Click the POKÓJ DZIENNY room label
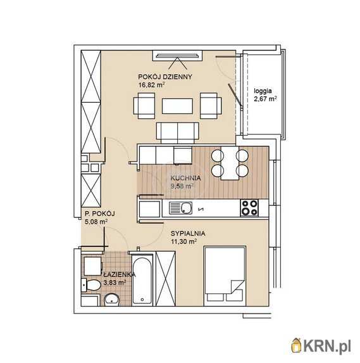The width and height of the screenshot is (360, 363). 165,77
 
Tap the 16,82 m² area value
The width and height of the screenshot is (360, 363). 151,84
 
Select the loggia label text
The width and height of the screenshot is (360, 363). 263,91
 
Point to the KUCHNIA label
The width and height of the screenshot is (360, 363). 185,178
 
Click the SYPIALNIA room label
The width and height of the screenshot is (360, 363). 188,233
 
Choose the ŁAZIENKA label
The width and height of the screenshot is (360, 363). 120,274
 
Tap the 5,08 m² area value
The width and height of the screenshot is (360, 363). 96,222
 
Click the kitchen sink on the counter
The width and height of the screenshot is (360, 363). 180,208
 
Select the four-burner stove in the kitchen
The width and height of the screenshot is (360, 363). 249,208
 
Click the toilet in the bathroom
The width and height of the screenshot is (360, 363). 91,285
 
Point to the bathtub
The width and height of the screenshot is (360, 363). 142,280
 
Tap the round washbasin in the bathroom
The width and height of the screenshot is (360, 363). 112,300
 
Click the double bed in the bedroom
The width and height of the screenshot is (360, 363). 225,276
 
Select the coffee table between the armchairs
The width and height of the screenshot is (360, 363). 177,106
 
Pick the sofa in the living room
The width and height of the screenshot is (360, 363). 178,133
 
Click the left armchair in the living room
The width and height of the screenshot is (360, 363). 144,106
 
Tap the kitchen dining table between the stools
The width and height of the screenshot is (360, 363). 230,163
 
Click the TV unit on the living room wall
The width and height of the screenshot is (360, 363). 177,56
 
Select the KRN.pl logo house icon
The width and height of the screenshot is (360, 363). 296,345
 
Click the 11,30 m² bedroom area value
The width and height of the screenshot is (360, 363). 183,242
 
